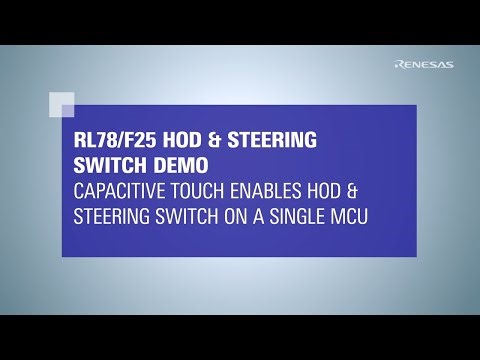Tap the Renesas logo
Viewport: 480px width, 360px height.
click(x=424, y=65)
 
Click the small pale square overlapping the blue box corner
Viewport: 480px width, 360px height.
click(x=62, y=104)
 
